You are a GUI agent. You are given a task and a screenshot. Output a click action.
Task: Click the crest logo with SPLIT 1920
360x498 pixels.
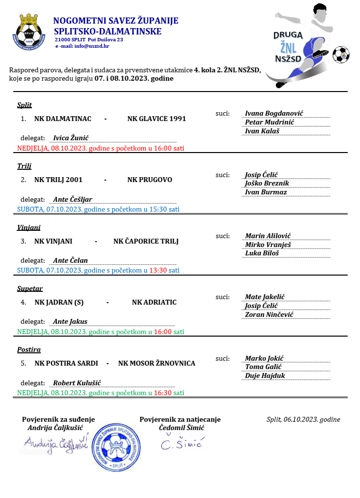pyautogui.click(x=29, y=32)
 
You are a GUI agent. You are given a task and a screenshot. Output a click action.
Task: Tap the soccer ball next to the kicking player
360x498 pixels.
pyautogui.click(x=340, y=54)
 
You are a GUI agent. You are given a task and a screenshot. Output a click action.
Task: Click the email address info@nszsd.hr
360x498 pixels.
pyautogui.click(x=91, y=46)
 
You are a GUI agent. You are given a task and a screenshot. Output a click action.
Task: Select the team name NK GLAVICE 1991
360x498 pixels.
pyautogui.click(x=156, y=119)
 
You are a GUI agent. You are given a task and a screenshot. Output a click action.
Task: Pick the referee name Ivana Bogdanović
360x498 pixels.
pyautogui.click(x=274, y=113)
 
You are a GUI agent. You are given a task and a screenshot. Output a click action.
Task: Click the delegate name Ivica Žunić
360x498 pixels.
pyautogui.click(x=71, y=138)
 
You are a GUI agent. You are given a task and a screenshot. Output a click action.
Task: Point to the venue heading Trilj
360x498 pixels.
pyautogui.click(x=24, y=166)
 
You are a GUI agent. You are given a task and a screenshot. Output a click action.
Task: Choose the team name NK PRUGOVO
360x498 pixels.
pyautogui.click(x=150, y=180)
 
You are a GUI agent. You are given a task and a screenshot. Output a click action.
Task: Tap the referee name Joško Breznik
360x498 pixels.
pyautogui.click(x=267, y=183)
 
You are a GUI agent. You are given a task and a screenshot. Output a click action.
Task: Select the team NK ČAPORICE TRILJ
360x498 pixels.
pyautogui.click(x=146, y=241)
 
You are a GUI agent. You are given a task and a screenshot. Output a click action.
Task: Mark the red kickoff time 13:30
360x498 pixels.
pyautogui.click(x=158, y=270)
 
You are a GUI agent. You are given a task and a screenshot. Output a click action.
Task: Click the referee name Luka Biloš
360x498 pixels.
pyautogui.click(x=262, y=253)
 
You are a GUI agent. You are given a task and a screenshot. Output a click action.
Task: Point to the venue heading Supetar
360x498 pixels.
pyautogui.click(x=30, y=288)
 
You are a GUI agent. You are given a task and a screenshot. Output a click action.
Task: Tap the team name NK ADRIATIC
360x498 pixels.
pyautogui.click(x=154, y=302)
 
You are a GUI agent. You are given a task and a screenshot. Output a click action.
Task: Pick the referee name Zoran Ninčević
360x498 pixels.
pyautogui.click(x=270, y=314)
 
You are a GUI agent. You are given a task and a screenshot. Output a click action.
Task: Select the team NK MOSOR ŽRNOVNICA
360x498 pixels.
pyautogui.click(x=156, y=363)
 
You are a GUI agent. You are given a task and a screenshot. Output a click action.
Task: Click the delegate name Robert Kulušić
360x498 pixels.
pyautogui.click(x=77, y=383)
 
